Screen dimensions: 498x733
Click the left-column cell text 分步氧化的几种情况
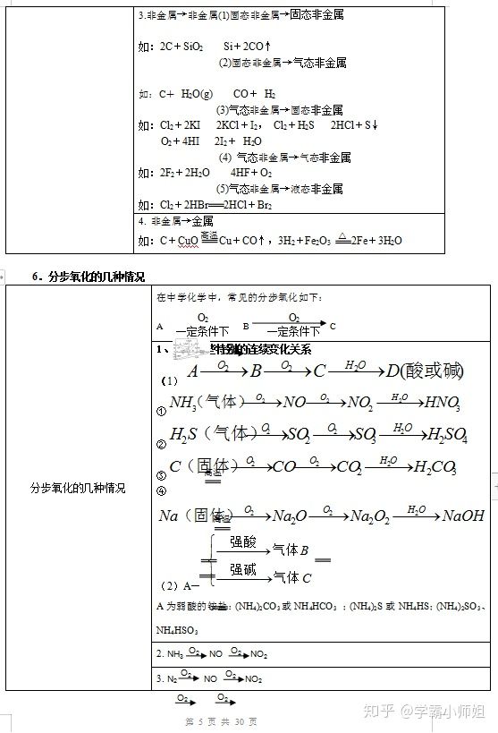(x=78, y=489)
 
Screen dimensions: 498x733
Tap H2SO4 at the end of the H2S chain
(x=447, y=435)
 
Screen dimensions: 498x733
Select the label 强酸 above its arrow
(x=243, y=542)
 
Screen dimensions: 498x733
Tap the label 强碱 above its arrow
(x=243, y=569)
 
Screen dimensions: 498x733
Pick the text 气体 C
(x=292, y=578)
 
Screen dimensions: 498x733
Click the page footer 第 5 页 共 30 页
(x=221, y=721)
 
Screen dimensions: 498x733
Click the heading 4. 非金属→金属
(x=176, y=221)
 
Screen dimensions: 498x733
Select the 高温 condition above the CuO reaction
(x=208, y=235)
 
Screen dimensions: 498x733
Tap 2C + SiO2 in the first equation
(x=182, y=45)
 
